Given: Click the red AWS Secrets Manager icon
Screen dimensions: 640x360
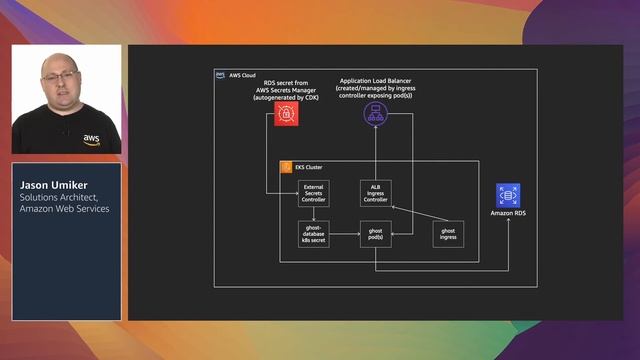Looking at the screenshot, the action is [286, 114].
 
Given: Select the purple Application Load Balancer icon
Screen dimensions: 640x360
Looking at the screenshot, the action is [374, 114].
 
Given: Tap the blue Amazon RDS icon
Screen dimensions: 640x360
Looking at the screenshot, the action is [508, 195].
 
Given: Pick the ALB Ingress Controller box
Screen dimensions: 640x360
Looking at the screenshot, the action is [375, 194].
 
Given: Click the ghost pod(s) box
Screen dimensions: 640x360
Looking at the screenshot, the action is [375, 234].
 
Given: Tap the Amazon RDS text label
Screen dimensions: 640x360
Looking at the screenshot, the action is [508, 213].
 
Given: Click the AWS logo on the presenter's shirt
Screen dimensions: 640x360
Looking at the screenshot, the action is [91, 139].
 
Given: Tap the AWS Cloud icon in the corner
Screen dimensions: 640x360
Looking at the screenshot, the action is [221, 75].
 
